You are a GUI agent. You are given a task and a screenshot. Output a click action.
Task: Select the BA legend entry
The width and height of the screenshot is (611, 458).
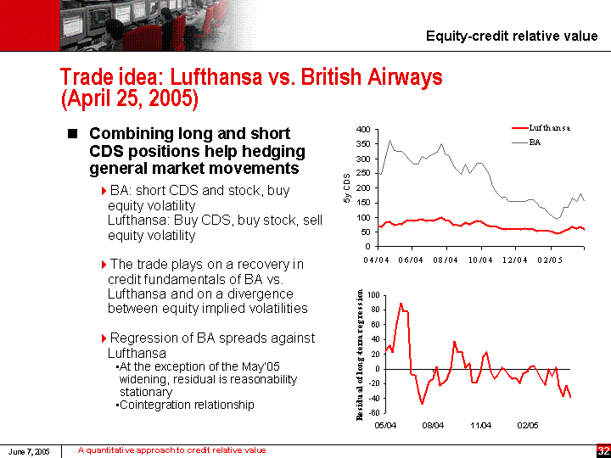click(x=535, y=142)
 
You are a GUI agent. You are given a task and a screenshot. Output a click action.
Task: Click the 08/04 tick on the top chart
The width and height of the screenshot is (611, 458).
click(x=446, y=259)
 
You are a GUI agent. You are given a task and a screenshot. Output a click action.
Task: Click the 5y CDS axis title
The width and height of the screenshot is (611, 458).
click(x=346, y=187)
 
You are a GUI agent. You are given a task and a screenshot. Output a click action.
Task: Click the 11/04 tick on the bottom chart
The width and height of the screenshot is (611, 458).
click(x=481, y=425)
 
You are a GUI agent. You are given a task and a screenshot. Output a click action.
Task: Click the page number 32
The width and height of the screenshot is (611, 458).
click(x=603, y=450)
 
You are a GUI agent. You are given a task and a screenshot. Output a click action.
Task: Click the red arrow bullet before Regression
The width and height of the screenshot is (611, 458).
click(x=104, y=338)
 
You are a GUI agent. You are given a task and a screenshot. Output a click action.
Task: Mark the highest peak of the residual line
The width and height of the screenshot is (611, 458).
click(x=401, y=304)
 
